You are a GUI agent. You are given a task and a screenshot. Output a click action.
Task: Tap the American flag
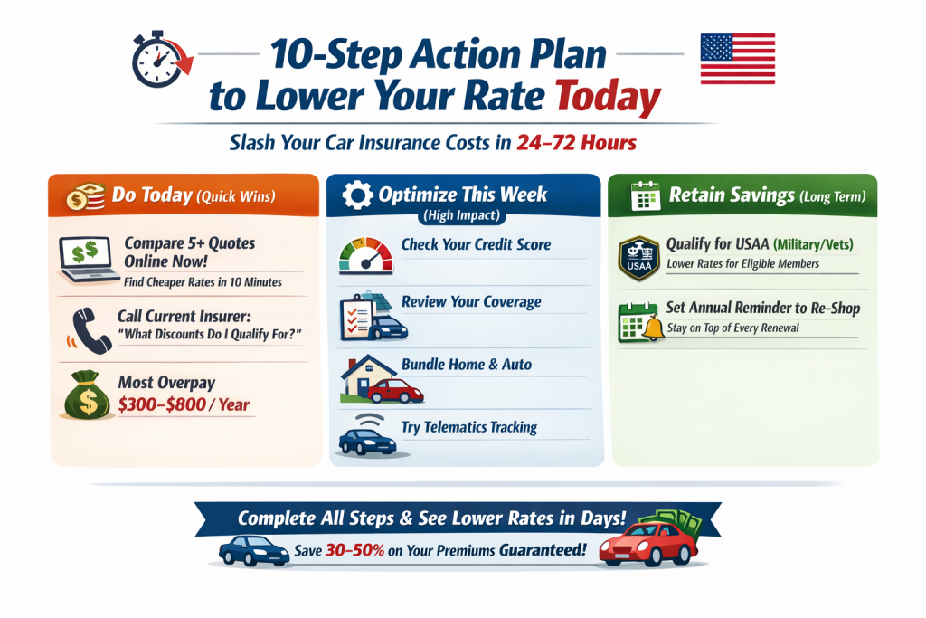click(737, 59)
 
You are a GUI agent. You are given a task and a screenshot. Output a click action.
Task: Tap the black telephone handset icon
click(84, 328)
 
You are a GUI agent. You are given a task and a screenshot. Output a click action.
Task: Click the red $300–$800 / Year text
click(184, 404)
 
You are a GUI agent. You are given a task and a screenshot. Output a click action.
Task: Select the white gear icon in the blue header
click(359, 195)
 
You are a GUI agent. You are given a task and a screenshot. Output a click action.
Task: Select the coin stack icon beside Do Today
click(81, 195)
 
